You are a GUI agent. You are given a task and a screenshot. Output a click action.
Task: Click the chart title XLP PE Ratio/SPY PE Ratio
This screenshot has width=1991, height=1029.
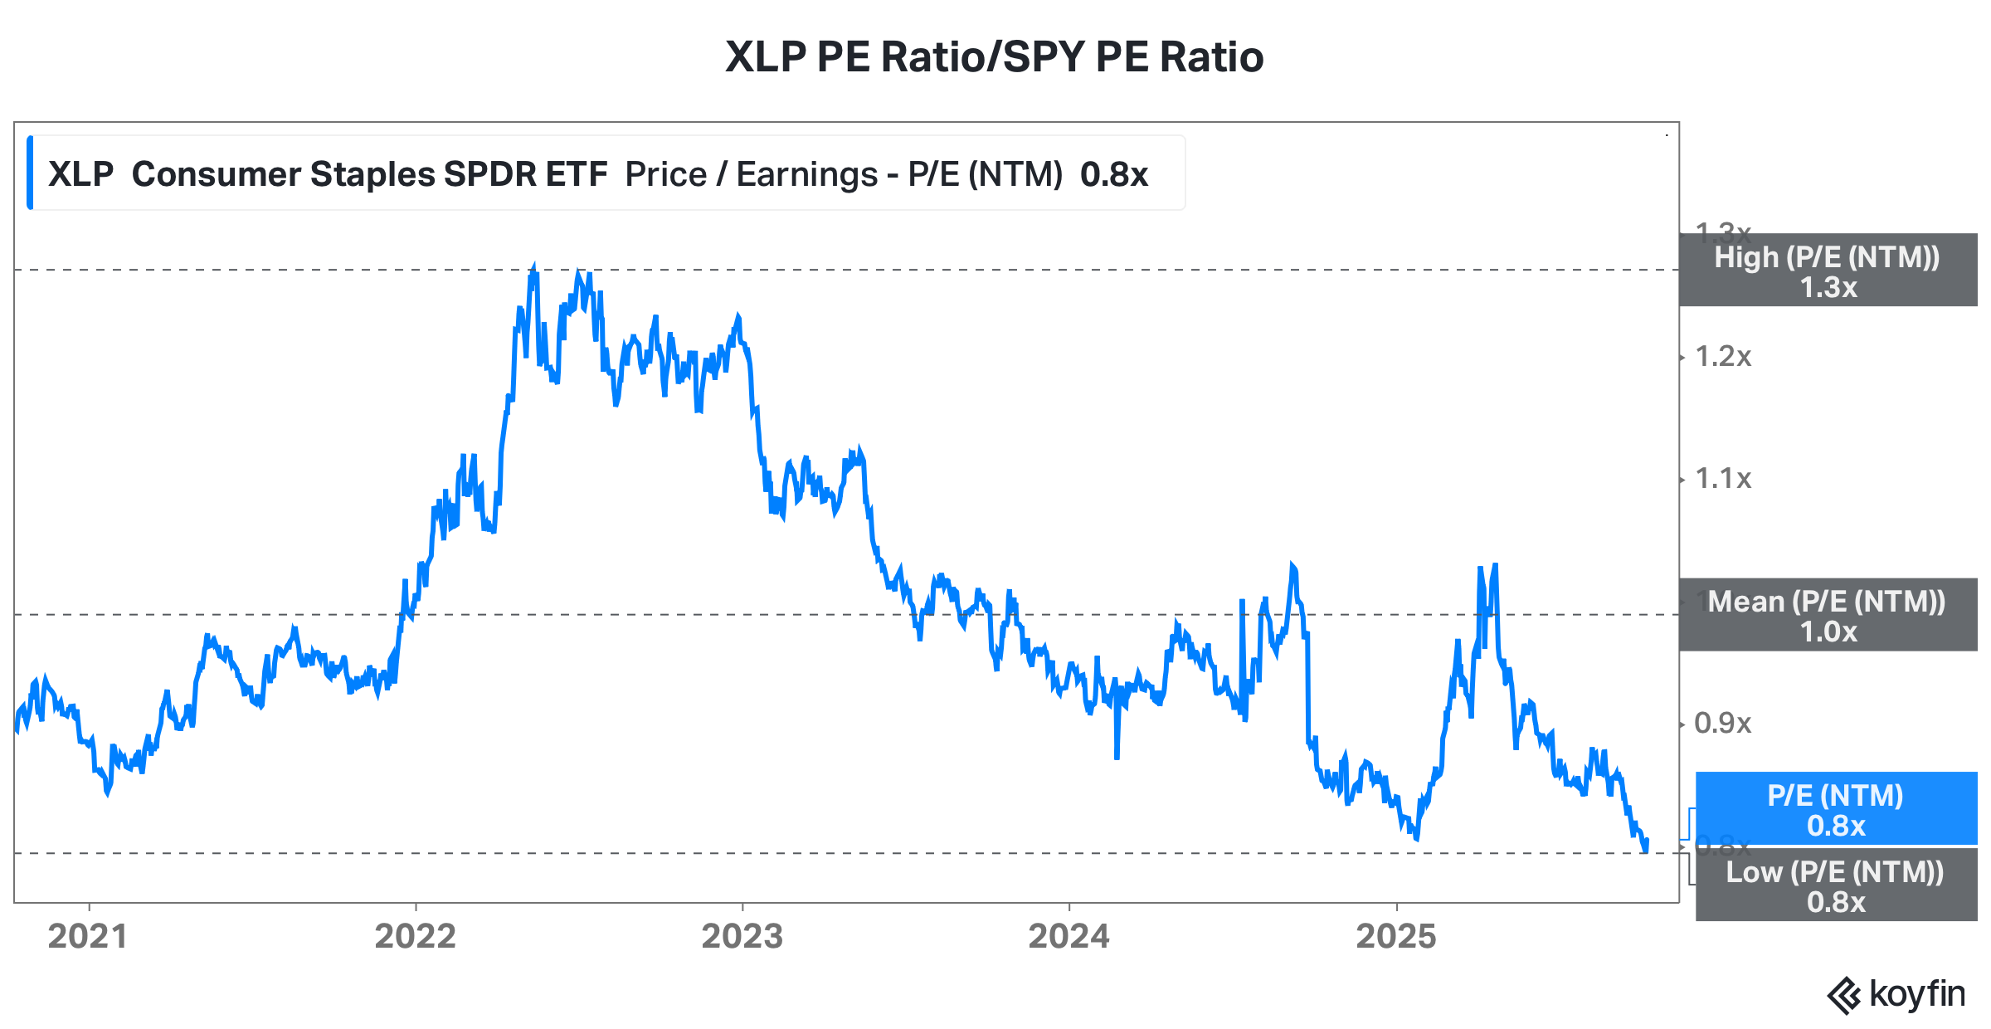(x=994, y=57)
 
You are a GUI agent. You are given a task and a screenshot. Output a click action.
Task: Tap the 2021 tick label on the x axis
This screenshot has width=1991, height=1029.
(x=88, y=936)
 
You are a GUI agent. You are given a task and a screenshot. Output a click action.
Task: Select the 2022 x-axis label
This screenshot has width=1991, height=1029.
(x=415, y=936)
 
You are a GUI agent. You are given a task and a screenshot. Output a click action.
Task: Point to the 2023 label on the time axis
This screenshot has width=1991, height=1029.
(x=742, y=936)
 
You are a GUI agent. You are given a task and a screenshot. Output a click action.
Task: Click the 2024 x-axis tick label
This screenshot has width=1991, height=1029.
(x=1069, y=936)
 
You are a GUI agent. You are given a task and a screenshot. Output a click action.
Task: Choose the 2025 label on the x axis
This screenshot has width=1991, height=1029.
(x=1395, y=936)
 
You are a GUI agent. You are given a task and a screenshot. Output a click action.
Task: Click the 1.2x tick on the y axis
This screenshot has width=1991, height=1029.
(x=1722, y=357)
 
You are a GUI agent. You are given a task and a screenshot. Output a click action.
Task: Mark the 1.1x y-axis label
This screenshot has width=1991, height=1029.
(x=1722, y=479)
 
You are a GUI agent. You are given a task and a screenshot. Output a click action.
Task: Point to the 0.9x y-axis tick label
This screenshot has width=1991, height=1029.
(x=1722, y=723)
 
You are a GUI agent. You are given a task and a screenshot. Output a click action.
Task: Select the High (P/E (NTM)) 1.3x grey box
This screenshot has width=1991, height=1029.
(x=1828, y=271)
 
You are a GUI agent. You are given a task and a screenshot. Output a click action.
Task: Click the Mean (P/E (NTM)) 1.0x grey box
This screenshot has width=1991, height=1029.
(x=1828, y=615)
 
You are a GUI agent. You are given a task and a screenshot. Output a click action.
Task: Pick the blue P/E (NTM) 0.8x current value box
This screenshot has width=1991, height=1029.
(x=1835, y=809)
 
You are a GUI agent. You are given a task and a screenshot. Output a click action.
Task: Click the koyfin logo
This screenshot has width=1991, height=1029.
(x=1896, y=994)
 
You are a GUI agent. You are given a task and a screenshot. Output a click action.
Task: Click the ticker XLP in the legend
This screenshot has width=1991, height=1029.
(x=80, y=174)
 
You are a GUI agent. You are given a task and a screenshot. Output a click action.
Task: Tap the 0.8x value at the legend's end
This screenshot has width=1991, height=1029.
(x=1113, y=174)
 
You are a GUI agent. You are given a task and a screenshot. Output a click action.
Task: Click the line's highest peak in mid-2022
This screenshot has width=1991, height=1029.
(x=533, y=267)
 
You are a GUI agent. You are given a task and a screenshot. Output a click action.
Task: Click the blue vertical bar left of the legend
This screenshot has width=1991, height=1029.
(x=30, y=173)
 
